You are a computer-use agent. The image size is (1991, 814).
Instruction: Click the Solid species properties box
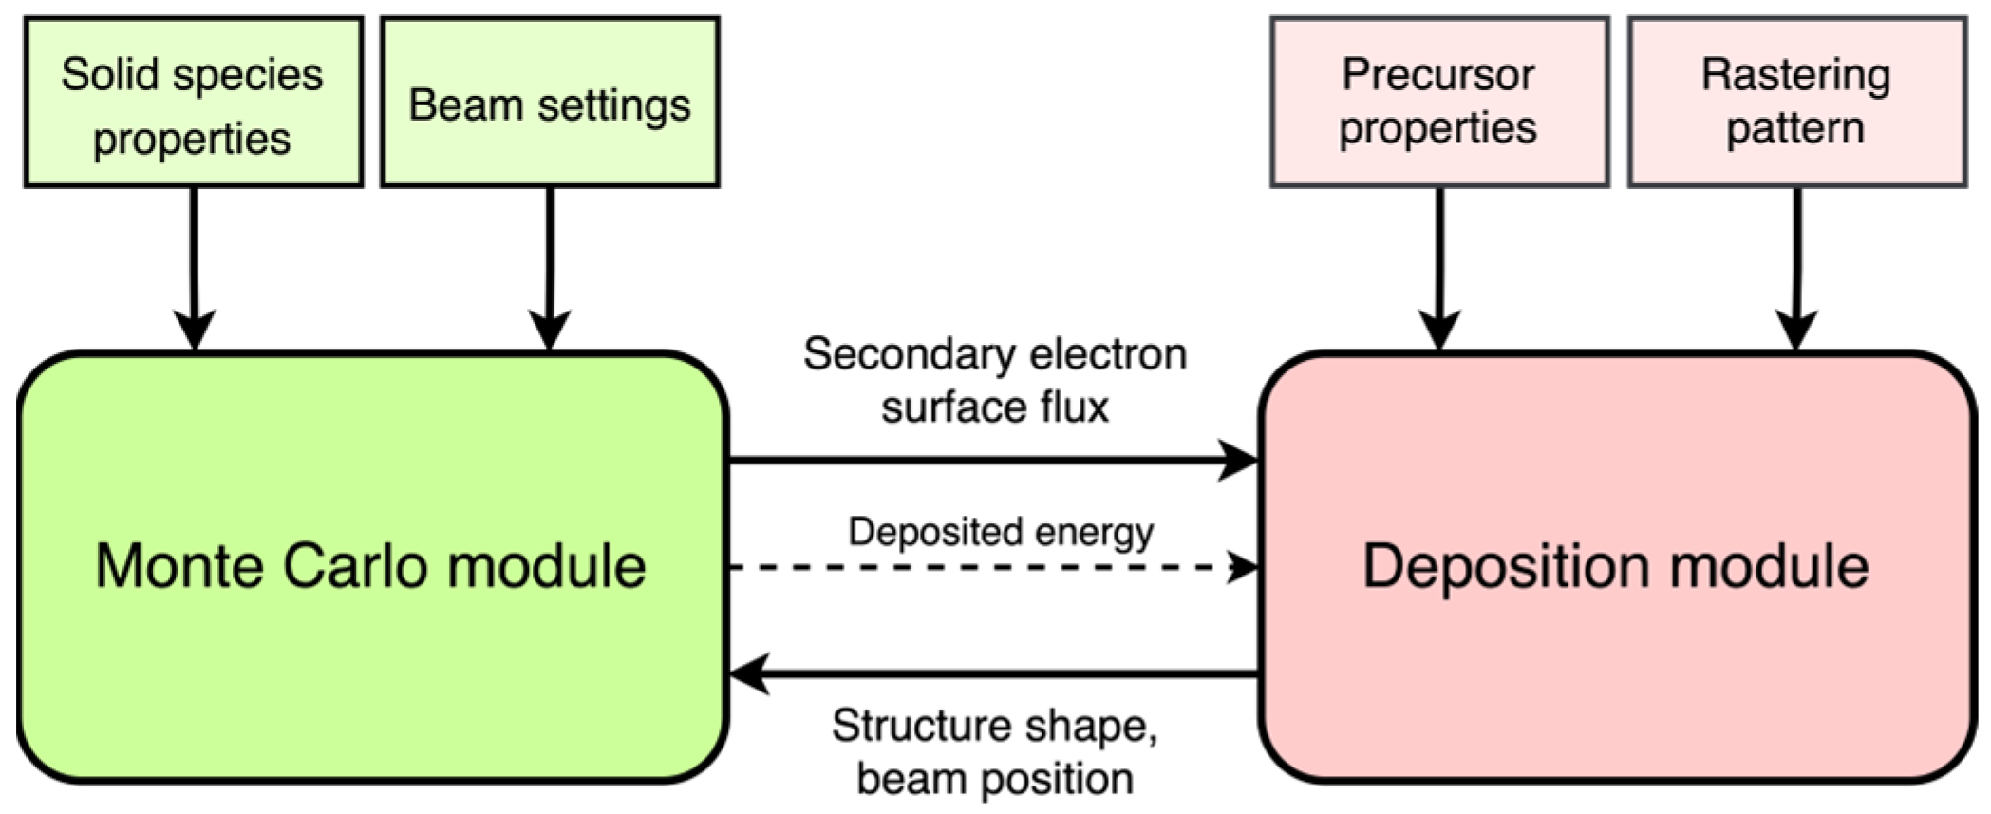(193, 103)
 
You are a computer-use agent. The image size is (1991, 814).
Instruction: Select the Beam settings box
(550, 103)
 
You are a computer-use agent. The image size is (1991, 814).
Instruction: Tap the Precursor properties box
(1438, 103)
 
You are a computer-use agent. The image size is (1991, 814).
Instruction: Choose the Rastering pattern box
(1796, 103)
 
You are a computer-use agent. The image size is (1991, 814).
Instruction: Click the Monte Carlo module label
(370, 567)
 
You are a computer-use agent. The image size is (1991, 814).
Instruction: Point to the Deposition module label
(1616, 567)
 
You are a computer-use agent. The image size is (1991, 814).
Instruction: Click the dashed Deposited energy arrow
(987, 568)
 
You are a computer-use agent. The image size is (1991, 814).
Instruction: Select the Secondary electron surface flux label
(995, 381)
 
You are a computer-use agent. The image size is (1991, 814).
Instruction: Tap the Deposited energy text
(1001, 531)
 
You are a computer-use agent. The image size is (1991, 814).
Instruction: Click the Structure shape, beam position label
(995, 752)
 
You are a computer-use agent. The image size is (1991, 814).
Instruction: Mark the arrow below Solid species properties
(194, 266)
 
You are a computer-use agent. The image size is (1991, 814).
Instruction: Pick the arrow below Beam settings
(550, 266)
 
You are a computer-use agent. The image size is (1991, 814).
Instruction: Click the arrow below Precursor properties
(1439, 266)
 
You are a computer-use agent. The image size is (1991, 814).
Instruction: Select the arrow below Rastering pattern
(1796, 266)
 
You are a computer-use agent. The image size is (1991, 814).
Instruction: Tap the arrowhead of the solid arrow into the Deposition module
(1240, 461)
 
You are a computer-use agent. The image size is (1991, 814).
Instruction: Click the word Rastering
(1795, 75)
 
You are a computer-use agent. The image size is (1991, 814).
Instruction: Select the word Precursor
(1437, 75)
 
